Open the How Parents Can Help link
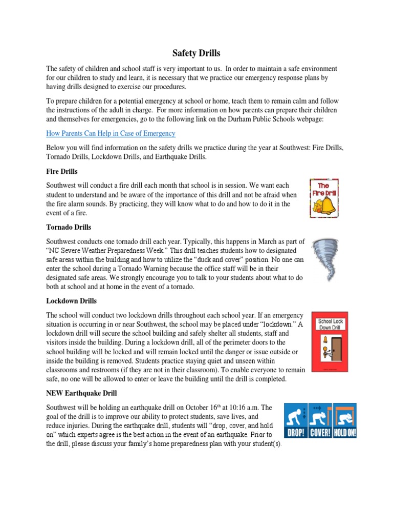(x=111, y=133)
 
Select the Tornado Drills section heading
(x=69, y=227)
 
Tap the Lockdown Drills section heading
(x=71, y=300)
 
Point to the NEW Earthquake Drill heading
(x=81, y=393)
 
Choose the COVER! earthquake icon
(x=319, y=420)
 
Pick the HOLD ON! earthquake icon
(x=344, y=420)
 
